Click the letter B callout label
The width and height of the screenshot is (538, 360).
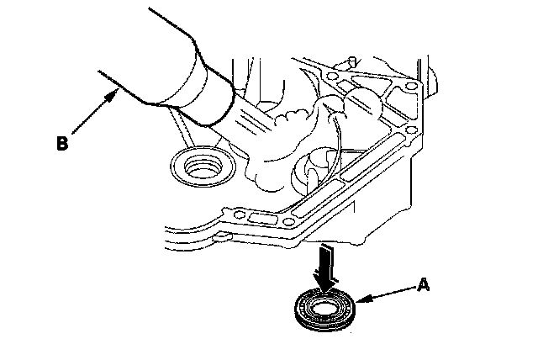(x=62, y=143)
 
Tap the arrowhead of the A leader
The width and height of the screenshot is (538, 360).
(x=359, y=300)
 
